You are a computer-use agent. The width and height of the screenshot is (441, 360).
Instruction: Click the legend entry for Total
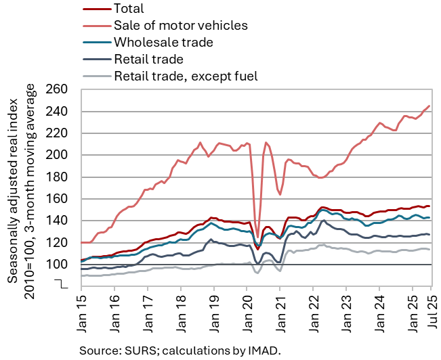pos(129,9)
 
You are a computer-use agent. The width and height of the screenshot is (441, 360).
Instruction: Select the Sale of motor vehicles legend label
pos(181,26)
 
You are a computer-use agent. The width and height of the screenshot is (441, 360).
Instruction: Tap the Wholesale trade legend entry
pos(164,43)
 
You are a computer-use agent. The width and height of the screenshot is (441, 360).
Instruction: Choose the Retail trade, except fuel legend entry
pos(186,76)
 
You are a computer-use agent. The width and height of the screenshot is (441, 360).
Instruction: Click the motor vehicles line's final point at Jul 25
pos(429,106)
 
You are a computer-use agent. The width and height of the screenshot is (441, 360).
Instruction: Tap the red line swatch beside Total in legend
pos(96,9)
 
